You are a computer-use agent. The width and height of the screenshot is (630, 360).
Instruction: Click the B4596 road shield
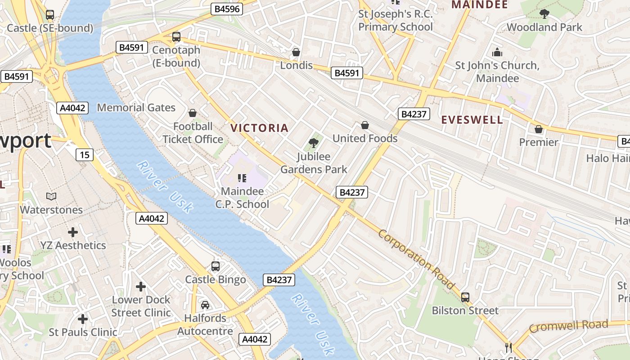point(227,9)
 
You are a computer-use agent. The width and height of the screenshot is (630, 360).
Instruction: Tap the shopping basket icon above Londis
point(296,52)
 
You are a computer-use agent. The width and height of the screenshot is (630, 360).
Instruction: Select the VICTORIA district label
point(259,128)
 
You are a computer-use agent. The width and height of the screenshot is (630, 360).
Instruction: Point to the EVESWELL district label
point(472,120)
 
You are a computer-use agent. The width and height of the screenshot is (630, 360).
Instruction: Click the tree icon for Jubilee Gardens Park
point(314,144)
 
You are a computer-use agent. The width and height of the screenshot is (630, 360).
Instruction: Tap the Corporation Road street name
point(416,259)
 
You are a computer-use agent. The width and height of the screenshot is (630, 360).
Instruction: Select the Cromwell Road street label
point(568,326)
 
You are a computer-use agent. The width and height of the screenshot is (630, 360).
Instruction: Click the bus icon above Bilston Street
point(465,297)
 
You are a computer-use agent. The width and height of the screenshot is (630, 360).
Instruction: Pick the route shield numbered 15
point(84,155)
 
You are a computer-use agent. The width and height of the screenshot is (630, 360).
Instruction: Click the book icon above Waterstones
point(51,197)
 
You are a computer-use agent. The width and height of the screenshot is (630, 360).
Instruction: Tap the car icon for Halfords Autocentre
point(205,305)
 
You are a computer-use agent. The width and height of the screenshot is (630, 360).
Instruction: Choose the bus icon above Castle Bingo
point(216,266)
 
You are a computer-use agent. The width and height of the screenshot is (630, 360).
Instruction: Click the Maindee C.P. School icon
point(242,178)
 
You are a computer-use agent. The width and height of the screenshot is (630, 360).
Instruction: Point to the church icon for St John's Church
point(497,52)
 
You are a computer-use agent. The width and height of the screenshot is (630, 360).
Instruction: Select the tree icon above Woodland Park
point(544,14)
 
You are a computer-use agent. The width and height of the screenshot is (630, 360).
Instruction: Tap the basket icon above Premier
point(539,129)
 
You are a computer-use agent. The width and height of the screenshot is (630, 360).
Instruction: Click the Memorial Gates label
point(136,108)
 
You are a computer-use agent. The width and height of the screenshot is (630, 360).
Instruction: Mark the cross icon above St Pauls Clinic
point(82,319)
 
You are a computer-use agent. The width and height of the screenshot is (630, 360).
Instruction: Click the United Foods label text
point(365,138)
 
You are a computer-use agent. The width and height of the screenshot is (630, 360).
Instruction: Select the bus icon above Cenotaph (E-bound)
point(176,37)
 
